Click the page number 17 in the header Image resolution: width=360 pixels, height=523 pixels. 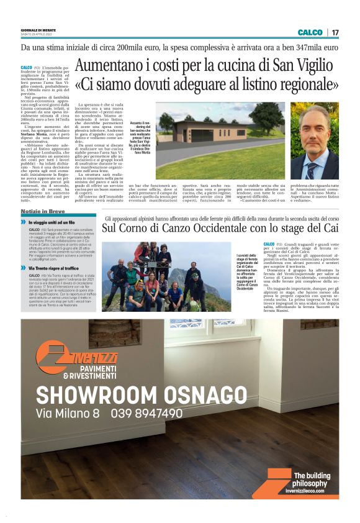coord(335,32)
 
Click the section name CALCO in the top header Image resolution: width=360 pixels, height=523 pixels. coord(310,32)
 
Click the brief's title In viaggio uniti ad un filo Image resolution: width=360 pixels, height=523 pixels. coord(52,222)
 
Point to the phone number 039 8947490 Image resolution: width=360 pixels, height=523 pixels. coord(147,413)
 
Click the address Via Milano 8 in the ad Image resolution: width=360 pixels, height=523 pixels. coord(68,413)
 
